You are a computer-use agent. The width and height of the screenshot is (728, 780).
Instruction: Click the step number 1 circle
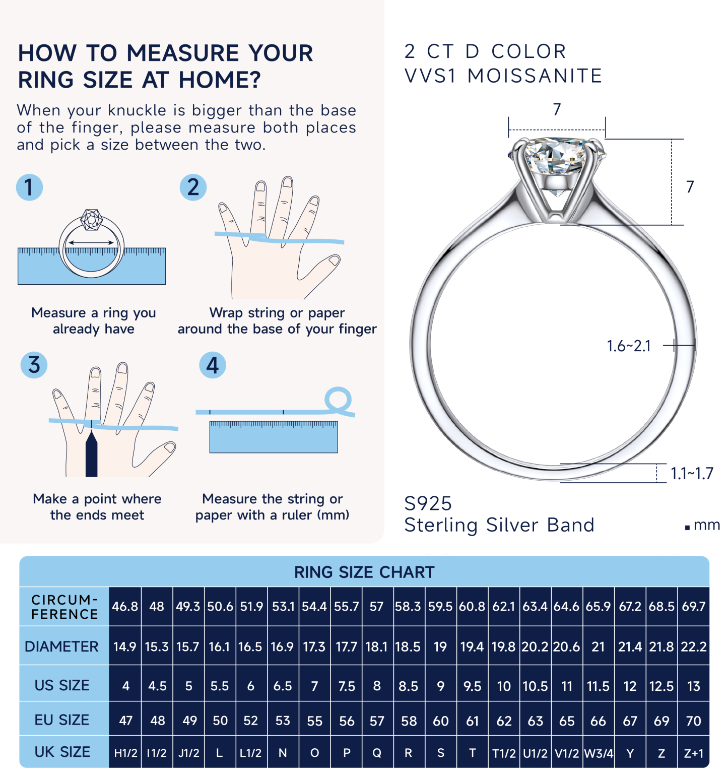tap(29, 187)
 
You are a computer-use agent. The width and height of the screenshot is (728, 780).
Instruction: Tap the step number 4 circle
tap(212, 365)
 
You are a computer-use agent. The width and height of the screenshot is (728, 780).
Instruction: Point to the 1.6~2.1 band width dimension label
tap(628, 346)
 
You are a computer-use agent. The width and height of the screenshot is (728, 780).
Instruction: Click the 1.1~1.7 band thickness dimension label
tap(691, 474)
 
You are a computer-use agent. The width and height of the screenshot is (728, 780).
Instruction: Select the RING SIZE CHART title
tap(364, 572)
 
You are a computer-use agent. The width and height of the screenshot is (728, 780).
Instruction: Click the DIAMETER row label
tap(62, 646)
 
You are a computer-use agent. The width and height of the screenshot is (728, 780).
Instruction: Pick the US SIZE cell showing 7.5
tap(346, 686)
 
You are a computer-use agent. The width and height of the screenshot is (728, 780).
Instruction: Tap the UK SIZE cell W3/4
tap(598, 753)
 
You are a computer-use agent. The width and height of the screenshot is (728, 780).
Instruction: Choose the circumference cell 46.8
tap(125, 607)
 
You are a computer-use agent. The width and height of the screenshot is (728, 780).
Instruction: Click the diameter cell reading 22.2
tap(693, 646)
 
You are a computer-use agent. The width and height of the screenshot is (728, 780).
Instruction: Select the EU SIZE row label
tap(62, 720)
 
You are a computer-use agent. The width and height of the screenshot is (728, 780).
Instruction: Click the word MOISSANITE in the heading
tap(535, 76)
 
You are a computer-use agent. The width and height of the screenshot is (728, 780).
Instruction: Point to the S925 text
tap(428, 503)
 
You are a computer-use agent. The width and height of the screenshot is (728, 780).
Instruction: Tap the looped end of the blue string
tap(338, 400)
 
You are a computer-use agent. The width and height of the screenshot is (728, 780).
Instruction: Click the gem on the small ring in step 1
tap(92, 220)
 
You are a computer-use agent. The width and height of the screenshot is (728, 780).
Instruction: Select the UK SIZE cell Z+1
tap(693, 753)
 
